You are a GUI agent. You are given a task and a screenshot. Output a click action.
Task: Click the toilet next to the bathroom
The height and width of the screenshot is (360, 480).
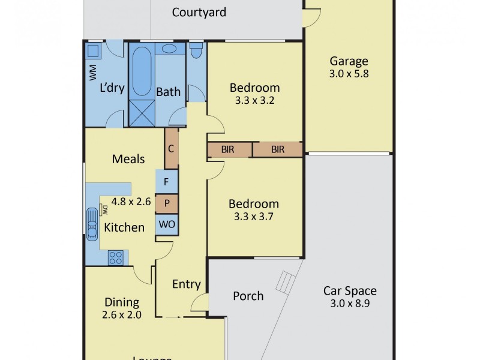196,50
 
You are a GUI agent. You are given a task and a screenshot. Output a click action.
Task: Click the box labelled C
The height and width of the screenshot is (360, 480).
171,148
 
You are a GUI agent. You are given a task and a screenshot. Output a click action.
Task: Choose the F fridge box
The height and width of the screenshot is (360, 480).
166,181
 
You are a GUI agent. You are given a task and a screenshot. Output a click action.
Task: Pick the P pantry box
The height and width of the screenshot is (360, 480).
166,203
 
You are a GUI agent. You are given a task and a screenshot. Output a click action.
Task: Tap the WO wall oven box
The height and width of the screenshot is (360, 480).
166,225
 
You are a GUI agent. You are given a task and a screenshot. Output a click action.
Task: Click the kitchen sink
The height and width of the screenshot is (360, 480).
92,224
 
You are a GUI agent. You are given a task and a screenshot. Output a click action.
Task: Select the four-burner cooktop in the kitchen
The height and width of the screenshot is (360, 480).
116,257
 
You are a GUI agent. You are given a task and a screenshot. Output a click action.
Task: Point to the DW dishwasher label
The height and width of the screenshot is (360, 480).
104,210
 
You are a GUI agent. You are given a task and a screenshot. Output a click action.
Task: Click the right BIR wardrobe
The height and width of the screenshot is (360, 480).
277,149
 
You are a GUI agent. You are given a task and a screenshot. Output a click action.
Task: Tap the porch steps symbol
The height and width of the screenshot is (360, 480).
286,280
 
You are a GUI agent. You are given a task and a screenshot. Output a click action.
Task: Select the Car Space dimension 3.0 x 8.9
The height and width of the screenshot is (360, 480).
350,304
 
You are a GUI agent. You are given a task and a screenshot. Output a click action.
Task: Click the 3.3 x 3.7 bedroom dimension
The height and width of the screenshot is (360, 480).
254,217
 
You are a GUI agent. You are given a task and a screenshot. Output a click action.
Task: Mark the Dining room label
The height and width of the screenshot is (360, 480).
122,302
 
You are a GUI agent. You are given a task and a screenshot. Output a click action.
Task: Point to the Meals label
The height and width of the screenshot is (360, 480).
128,159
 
